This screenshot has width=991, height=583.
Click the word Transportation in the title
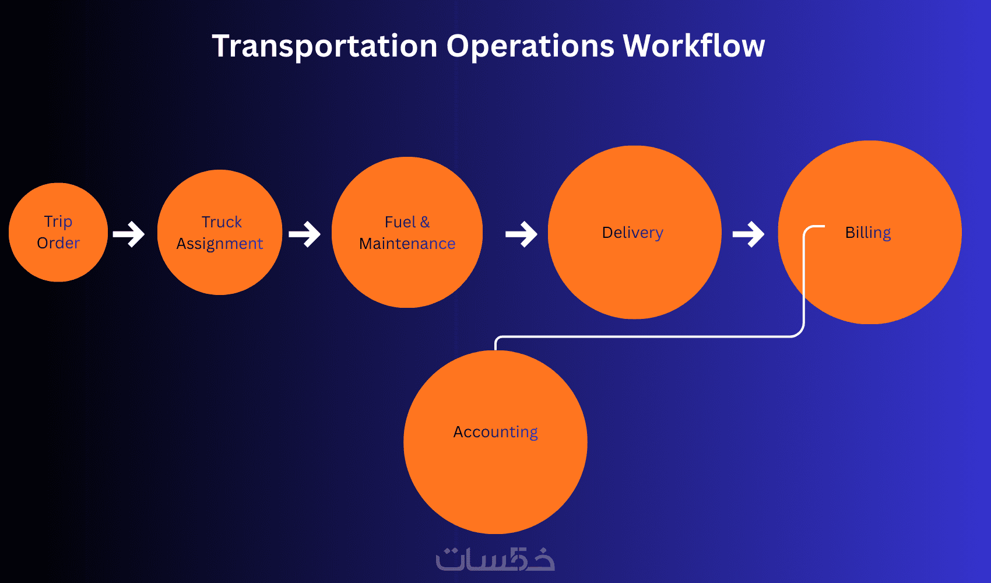coord(324,46)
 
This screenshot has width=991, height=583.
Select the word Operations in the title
coord(530,46)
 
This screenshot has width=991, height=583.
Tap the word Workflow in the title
coord(694,46)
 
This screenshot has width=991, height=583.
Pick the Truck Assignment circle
coord(220,268)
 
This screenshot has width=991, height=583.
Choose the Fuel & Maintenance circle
coord(407,274)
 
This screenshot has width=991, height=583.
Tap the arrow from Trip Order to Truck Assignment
coord(129,234)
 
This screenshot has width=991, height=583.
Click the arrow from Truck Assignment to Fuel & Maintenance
coord(305,234)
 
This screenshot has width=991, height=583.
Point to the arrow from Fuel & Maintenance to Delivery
coord(522,234)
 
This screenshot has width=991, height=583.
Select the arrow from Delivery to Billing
coord(748,234)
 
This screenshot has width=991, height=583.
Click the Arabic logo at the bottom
coord(495,559)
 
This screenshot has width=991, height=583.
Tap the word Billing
coord(868,233)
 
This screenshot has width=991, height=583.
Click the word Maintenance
coord(407,244)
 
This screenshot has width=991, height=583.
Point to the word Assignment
coord(220,244)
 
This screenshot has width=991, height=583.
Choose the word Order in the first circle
coord(58,243)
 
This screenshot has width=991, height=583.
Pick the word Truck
coord(222,222)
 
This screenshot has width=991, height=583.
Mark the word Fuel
coord(400,222)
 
